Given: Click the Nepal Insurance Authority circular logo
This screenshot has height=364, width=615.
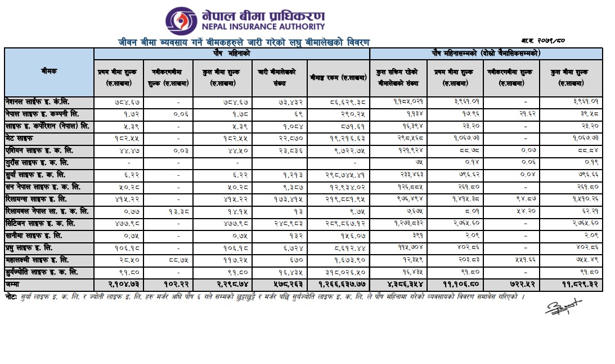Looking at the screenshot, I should coord(181,21).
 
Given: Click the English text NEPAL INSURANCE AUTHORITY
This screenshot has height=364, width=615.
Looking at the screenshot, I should coord(263,26).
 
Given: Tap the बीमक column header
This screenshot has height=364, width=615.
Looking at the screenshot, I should coord(49,72).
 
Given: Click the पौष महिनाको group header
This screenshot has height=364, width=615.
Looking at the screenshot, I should coord(231,53).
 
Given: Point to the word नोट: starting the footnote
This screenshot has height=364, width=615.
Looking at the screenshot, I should coord(11,296).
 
